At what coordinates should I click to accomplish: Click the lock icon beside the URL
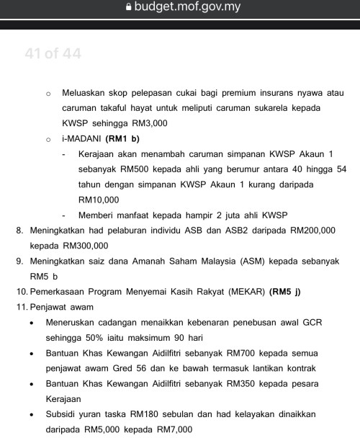[129, 8]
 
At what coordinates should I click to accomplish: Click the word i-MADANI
[81, 138]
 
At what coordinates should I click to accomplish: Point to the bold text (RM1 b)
[122, 138]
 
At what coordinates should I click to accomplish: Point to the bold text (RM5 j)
[284, 292]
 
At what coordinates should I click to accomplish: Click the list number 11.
[20, 307]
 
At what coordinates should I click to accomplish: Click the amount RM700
[240, 353]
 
